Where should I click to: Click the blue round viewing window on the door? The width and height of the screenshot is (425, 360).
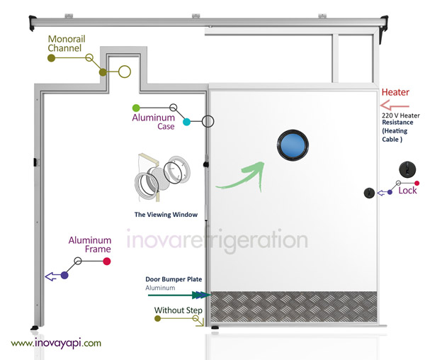tap(293, 145)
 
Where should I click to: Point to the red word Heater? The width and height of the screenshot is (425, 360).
tap(395, 93)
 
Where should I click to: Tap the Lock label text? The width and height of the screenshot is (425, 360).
tap(407, 191)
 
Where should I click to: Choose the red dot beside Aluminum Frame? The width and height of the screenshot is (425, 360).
tap(106, 261)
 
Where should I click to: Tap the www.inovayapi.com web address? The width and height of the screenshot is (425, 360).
tap(56, 342)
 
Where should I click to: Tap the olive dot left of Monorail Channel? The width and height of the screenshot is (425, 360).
tap(51, 59)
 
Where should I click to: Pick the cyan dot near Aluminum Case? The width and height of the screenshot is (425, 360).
tap(186, 122)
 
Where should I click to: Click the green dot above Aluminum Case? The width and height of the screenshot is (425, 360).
tap(136, 108)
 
